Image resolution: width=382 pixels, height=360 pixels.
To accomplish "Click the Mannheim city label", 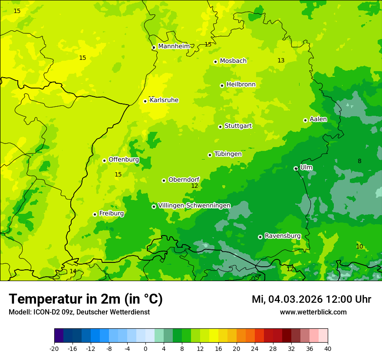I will [174, 46].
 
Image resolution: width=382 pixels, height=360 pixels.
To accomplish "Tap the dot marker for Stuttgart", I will [221, 127].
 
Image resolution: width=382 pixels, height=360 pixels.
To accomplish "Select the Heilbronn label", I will [241, 85].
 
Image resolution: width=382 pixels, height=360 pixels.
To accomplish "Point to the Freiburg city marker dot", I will [95, 214].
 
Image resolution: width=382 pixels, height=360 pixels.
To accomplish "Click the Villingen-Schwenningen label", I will [194, 206].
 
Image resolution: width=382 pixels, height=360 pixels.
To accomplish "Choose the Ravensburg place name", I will [283, 236].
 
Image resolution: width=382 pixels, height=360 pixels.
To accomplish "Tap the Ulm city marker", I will [296, 168].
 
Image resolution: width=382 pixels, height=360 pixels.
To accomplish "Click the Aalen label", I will [318, 119].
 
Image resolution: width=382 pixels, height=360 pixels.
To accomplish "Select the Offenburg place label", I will [124, 160].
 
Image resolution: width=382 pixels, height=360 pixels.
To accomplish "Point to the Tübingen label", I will [228, 154].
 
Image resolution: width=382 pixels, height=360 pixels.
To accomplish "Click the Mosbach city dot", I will [215, 62].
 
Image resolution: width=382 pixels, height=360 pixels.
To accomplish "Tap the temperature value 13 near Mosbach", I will [281, 61].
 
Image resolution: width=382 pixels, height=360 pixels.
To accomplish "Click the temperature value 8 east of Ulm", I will [359, 161].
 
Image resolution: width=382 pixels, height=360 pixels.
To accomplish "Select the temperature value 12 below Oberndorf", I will [194, 186].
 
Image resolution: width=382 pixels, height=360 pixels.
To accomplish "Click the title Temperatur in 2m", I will [86, 299].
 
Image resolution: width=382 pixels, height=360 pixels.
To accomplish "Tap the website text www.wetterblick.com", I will [313, 312].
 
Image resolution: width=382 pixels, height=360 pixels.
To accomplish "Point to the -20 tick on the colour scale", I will [54, 348].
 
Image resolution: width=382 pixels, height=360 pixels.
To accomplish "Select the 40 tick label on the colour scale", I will [327, 348].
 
